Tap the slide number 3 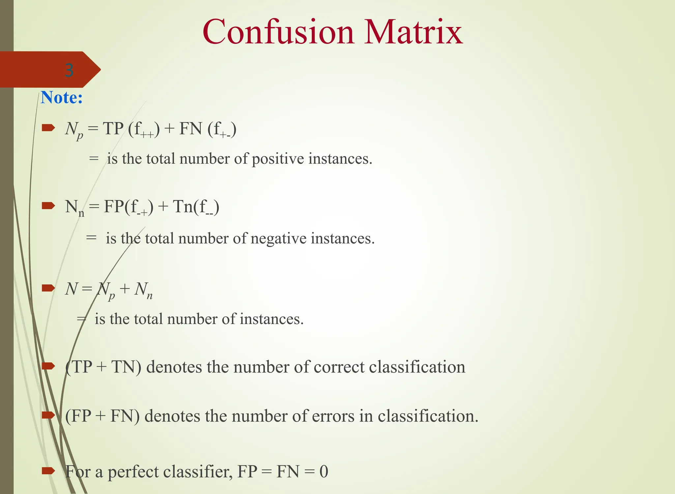point(69,70)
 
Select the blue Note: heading point(62,98)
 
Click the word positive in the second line point(278,159)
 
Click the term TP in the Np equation point(113,128)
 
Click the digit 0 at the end point(324,472)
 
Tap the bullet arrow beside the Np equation point(48,128)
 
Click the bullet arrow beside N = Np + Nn point(48,288)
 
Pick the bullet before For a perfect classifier point(48,471)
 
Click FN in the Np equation point(191,128)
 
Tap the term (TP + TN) point(103,367)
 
